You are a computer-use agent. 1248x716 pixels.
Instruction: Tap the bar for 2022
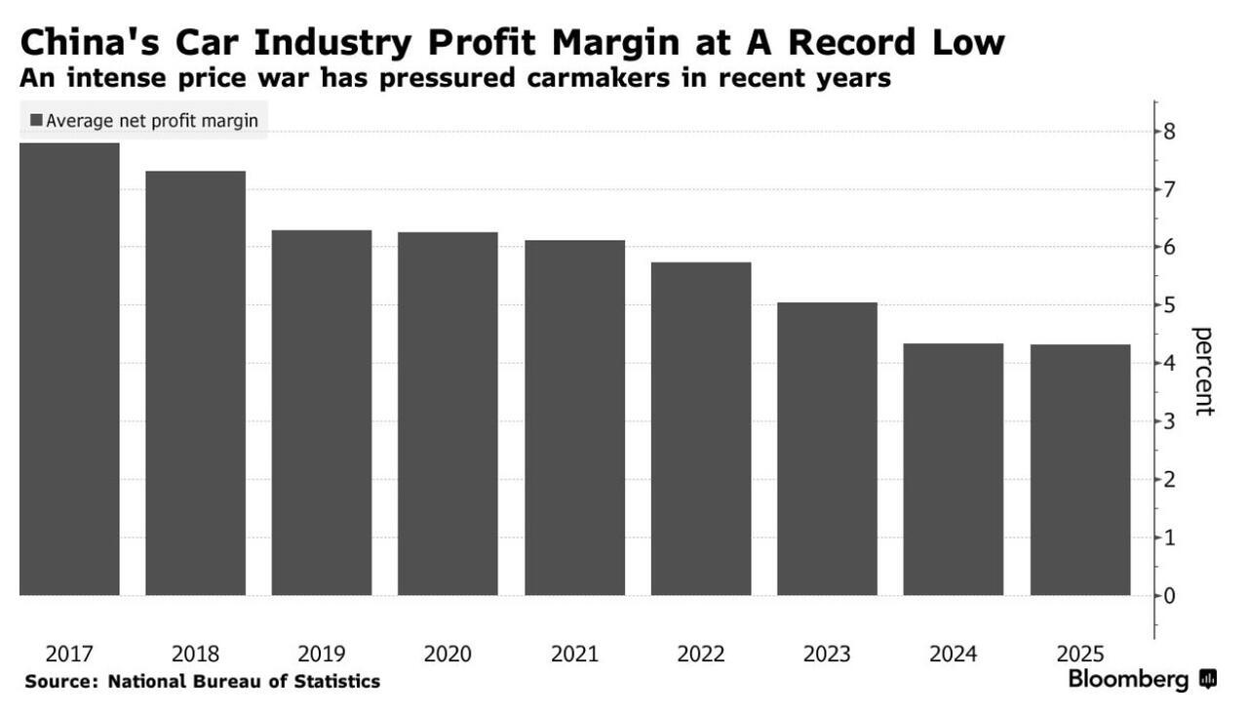[701, 429]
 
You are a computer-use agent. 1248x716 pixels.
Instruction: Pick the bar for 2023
[827, 449]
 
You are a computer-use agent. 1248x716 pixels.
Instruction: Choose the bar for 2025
[1080, 469]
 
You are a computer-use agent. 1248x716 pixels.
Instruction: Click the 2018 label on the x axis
[195, 654]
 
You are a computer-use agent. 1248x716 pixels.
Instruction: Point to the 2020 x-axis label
[448, 654]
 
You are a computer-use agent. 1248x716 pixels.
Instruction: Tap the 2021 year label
[574, 654]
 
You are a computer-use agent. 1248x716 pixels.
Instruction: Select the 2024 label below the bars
[954, 654]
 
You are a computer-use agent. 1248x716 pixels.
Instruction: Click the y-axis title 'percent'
[1204, 371]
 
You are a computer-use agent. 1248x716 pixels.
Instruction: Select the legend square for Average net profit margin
[36, 120]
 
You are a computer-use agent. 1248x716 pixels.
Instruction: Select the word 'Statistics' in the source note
[335, 681]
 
